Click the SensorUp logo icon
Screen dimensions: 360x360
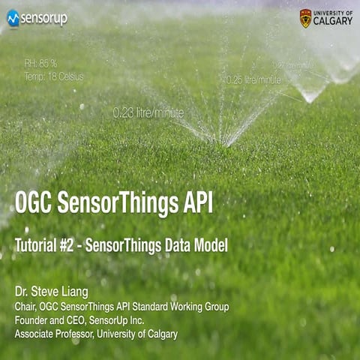13,18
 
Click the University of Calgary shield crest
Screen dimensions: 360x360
306,18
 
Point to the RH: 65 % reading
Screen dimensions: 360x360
40,63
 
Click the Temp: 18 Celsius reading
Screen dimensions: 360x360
53,76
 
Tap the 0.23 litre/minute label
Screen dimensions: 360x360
148,112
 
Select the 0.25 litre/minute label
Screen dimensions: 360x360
253,79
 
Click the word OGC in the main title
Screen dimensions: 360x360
34,202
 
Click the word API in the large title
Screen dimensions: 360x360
194,202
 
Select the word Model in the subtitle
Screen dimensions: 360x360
209,245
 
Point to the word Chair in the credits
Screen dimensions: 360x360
25,307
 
